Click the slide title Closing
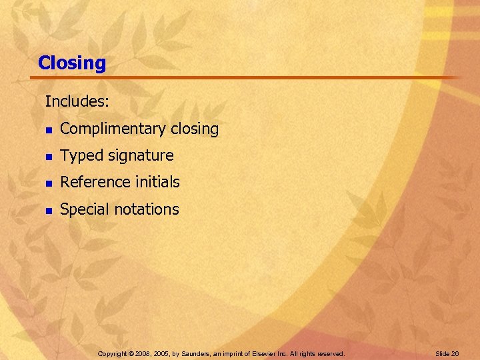tap(72, 63)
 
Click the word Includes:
tap(77, 102)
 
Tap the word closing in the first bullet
tap(195, 129)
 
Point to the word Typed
tap(81, 156)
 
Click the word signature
tap(141, 156)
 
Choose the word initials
tap(155, 182)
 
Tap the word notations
tap(147, 209)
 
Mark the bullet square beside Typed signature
tap(48, 157)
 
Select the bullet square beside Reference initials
tap(48, 183)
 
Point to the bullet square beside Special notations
tap(48, 210)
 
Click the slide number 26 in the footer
tap(454, 353)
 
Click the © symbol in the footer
tap(133, 353)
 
